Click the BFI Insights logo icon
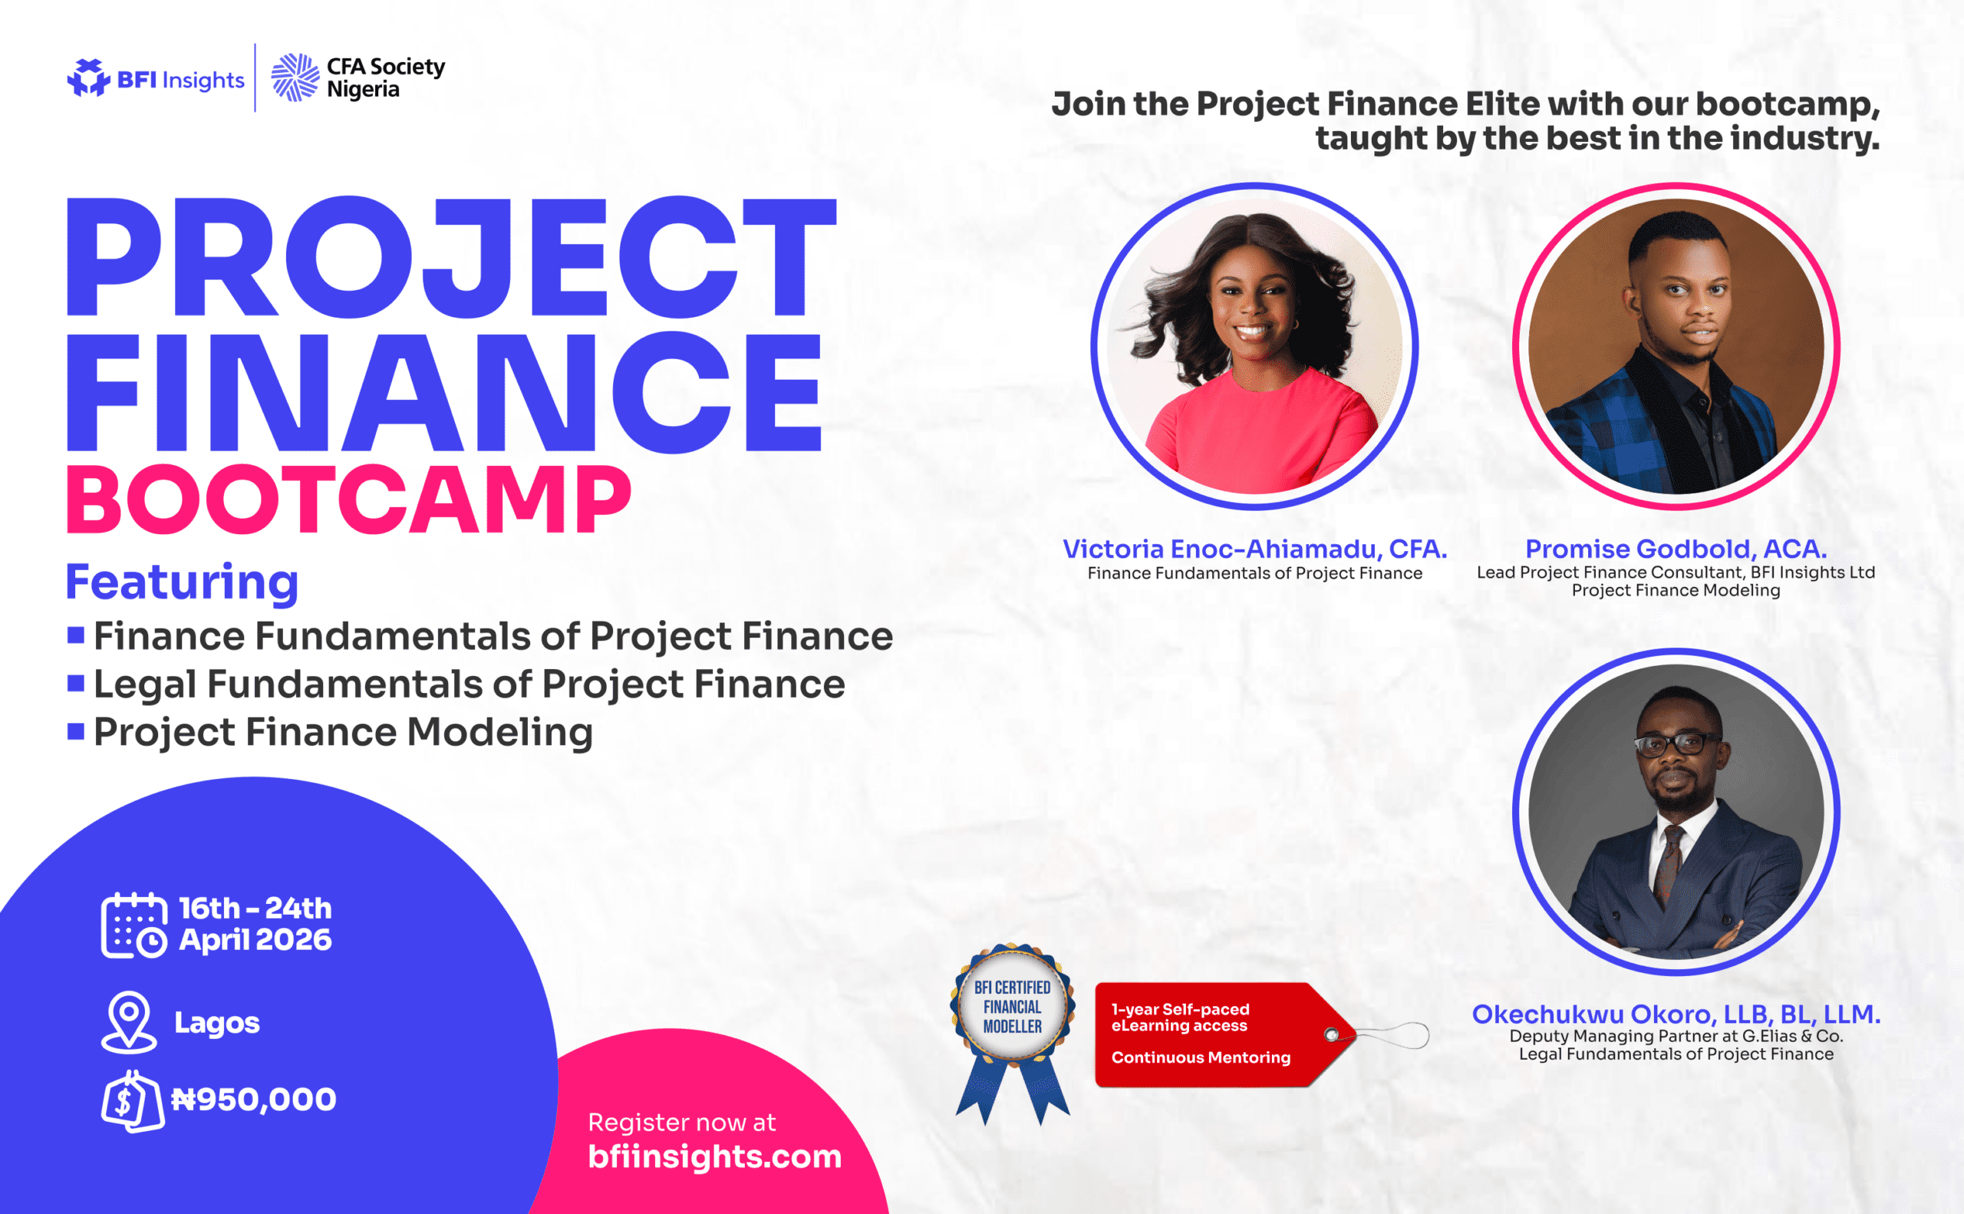click(88, 78)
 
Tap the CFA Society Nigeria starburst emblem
click(295, 77)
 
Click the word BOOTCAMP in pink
click(349, 500)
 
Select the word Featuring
click(182, 583)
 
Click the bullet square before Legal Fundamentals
click(76, 683)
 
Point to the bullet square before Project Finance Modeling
click(76, 731)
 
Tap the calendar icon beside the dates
click(134, 925)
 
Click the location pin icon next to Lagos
click(129, 1022)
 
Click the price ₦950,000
click(254, 1099)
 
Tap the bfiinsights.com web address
click(715, 1156)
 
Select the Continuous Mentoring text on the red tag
click(1201, 1057)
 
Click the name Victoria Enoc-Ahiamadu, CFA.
click(1254, 549)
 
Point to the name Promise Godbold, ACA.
click(1676, 549)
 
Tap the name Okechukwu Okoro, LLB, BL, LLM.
click(1676, 1014)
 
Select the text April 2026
click(255, 940)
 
